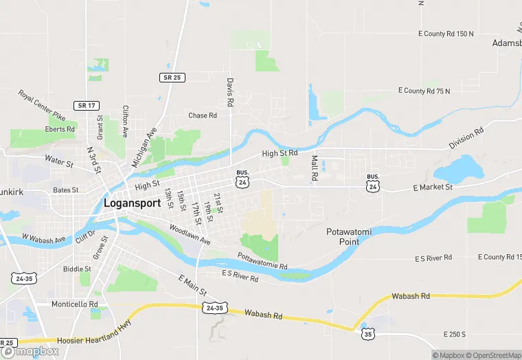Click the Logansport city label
[x=131, y=203]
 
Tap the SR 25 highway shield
[x=172, y=78]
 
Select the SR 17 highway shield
[x=87, y=105]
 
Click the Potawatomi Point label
[x=349, y=237]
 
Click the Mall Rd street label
[x=315, y=168]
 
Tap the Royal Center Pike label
[x=41, y=105]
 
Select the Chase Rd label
[x=203, y=115]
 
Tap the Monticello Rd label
[x=75, y=304]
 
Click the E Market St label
[x=433, y=187]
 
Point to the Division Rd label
[x=466, y=137]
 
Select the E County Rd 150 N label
[x=446, y=33]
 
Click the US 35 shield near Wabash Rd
[x=369, y=333]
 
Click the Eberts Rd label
[x=60, y=129]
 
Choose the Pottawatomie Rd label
[x=262, y=261]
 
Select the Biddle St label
[x=77, y=269]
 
